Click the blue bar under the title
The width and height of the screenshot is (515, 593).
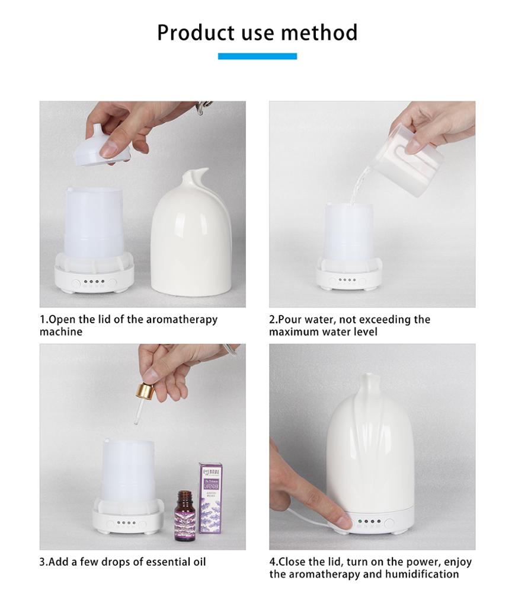(x=257, y=56)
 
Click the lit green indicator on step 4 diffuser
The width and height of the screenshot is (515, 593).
(x=359, y=522)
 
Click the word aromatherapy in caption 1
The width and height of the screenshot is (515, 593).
(x=181, y=320)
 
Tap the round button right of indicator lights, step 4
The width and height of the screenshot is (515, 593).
(x=389, y=523)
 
